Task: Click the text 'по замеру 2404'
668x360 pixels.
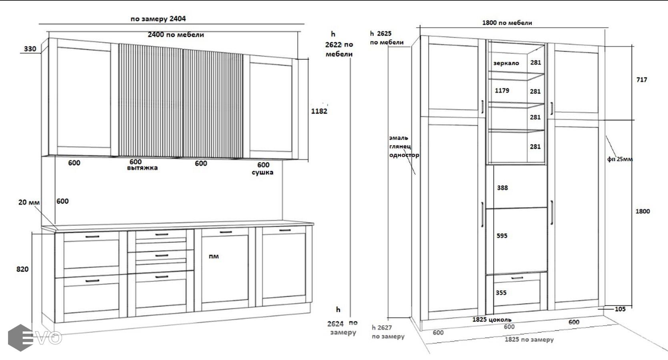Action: pos(158,19)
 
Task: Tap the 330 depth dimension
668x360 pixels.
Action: pos(30,49)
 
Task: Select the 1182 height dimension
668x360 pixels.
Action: pos(319,111)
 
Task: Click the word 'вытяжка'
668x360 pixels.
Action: pos(142,168)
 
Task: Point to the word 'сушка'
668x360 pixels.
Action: pos(263,172)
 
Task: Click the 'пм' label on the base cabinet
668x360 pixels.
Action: pos(213,256)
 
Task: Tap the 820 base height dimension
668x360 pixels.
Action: pos(22,269)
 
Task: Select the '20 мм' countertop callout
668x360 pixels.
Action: pos(29,202)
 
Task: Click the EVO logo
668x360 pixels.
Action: pos(35,338)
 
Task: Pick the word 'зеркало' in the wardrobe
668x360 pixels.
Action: pos(506,63)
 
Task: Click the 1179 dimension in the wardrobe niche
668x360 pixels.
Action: pos(502,90)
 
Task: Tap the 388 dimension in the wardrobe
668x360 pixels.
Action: pos(502,188)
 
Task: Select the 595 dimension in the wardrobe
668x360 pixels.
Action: pos(502,236)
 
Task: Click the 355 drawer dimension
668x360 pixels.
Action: pos(501,293)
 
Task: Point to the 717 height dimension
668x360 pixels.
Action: pos(642,80)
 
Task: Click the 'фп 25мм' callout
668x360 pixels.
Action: pos(620,159)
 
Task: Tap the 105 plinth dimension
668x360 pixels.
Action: pos(620,309)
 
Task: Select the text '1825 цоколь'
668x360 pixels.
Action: pos(492,320)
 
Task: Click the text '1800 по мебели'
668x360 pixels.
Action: pos(507,23)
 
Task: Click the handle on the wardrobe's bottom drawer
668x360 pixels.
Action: pos(517,278)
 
